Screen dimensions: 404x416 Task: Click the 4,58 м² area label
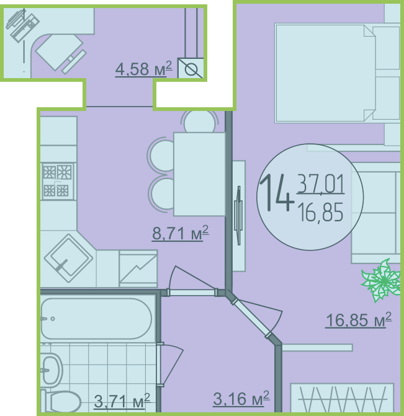(x=144, y=69)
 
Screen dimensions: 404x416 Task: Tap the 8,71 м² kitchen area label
(x=181, y=233)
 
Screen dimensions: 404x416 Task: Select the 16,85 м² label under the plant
(x=359, y=320)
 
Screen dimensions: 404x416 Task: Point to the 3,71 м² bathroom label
(x=122, y=401)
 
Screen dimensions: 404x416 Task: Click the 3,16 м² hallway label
(x=241, y=398)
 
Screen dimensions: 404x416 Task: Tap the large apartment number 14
(x=276, y=193)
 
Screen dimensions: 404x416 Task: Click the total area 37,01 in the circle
(x=321, y=184)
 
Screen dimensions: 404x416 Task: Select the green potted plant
(x=382, y=281)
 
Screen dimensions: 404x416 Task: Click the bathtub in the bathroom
(x=97, y=319)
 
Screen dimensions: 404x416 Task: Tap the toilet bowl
(x=61, y=401)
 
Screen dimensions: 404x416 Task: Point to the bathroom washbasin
(x=52, y=370)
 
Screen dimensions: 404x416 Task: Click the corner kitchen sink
(x=68, y=258)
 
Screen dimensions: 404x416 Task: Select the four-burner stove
(x=58, y=181)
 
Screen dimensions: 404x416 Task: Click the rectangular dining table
(x=199, y=174)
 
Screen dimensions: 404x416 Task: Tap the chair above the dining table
(x=200, y=122)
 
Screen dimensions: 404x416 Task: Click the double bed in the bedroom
(x=338, y=73)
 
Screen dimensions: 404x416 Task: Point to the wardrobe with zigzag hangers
(x=342, y=397)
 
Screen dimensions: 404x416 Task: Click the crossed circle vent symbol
(x=191, y=68)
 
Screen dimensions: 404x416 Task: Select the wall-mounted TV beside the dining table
(x=239, y=216)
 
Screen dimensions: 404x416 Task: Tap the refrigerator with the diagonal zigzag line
(x=138, y=268)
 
